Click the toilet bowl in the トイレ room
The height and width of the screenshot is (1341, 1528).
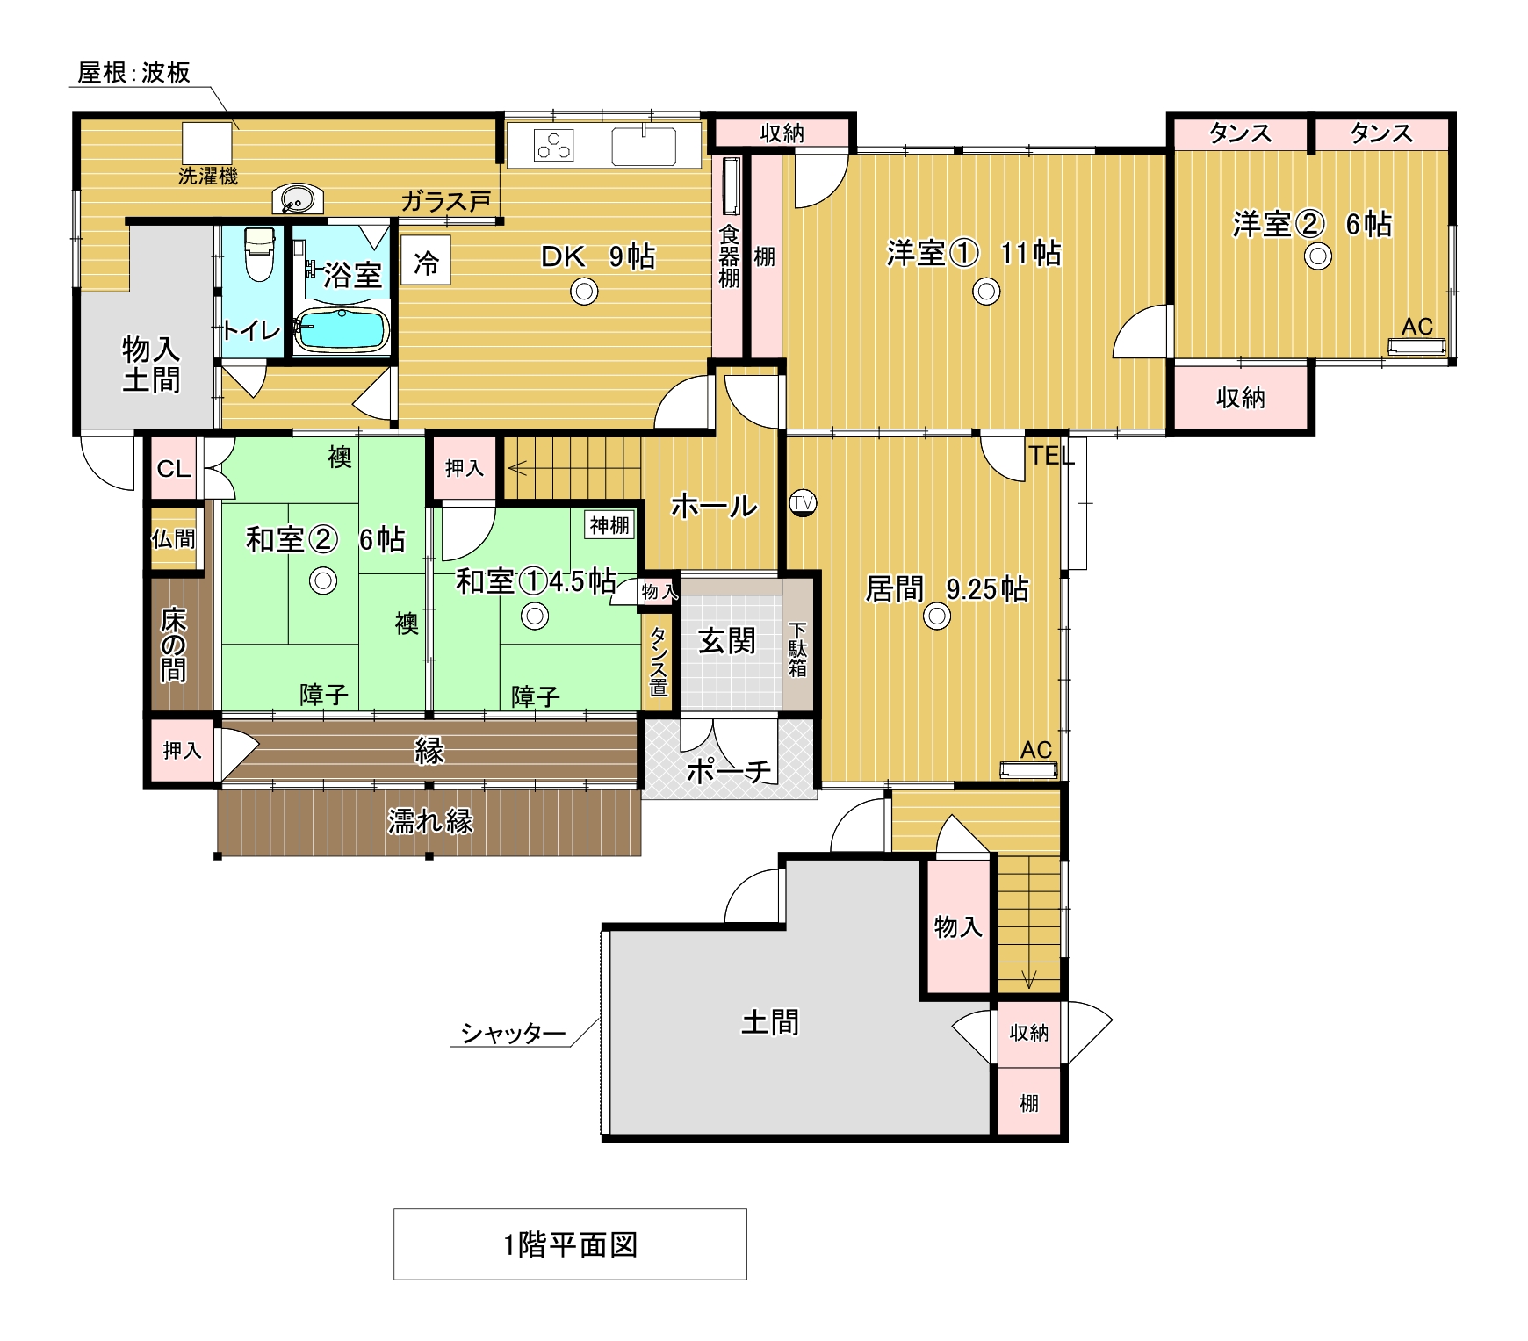tap(259, 254)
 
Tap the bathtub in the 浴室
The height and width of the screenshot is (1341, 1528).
tap(341, 329)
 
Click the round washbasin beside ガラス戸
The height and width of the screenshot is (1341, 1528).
tap(298, 199)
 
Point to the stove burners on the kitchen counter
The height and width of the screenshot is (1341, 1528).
tap(554, 146)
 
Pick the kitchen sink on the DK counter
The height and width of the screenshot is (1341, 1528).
tap(644, 145)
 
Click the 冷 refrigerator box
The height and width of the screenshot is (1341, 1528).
tap(426, 260)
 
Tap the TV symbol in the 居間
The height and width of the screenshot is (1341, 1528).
tap(802, 503)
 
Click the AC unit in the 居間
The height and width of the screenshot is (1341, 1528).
tap(1028, 770)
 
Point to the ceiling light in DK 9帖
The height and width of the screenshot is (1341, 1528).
tap(584, 291)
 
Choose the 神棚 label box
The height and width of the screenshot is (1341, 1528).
tap(609, 525)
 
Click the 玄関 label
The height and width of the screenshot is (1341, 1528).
tap(727, 641)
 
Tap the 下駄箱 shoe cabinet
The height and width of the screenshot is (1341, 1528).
tap(797, 645)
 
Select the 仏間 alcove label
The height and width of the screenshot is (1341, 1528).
tap(174, 538)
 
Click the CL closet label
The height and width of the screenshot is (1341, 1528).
tap(174, 469)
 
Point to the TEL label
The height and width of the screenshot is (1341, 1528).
tap(1051, 456)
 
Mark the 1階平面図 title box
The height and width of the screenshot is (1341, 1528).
tap(570, 1244)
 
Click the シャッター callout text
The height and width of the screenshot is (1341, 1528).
tap(514, 1033)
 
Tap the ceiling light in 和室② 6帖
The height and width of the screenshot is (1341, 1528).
tap(323, 580)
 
